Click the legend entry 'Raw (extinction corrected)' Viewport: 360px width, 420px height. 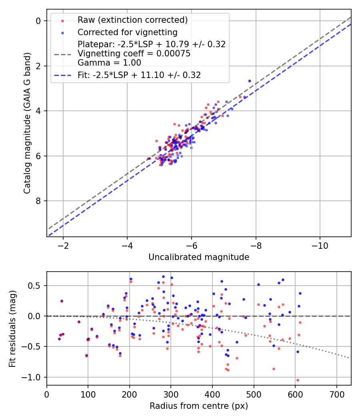point(132,20)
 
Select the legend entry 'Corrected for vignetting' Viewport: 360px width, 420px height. point(127,32)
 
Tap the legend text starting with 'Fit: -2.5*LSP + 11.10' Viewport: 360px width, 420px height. point(139,75)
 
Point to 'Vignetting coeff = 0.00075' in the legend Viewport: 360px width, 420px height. point(134,54)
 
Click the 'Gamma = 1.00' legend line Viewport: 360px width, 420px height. point(109,62)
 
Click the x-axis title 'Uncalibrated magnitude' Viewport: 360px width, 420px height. point(199,257)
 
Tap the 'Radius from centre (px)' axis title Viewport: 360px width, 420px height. point(199,406)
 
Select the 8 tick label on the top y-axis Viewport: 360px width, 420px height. point(39,201)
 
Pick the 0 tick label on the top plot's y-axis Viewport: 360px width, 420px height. point(39,21)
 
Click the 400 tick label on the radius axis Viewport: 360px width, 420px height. point(212,394)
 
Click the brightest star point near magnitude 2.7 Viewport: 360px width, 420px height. point(250,81)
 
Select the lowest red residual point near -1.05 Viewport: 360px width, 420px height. point(298,380)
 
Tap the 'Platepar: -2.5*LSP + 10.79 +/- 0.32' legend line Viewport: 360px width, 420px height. point(152,44)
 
